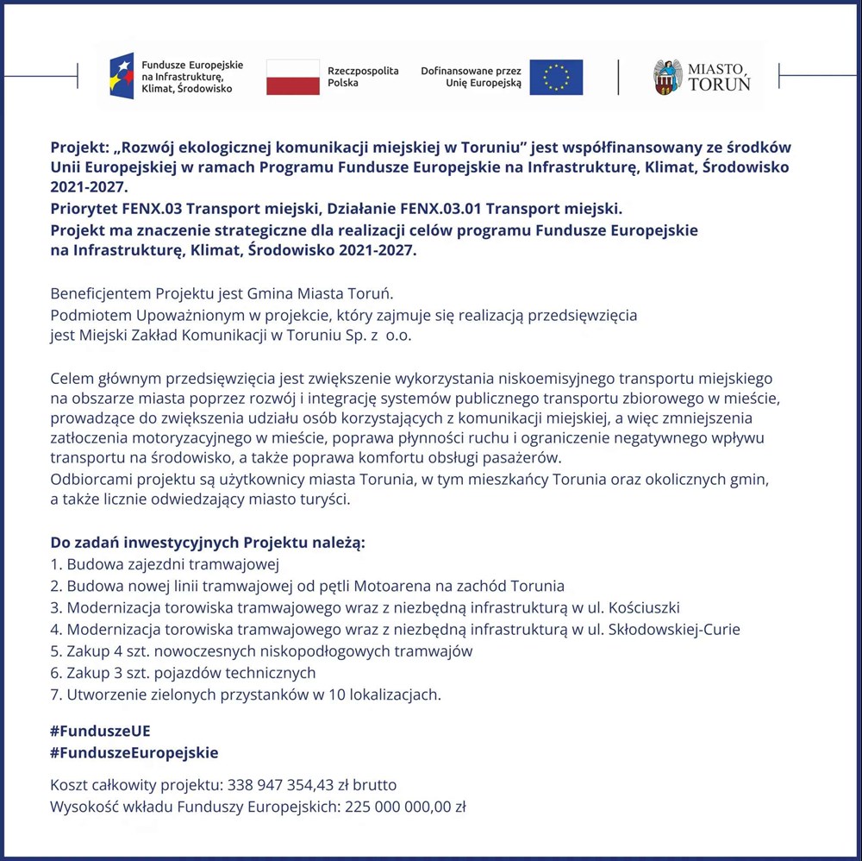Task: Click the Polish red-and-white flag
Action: pyautogui.click(x=292, y=77)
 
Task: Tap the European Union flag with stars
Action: pyautogui.click(x=556, y=77)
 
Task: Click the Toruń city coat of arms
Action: pyautogui.click(x=667, y=78)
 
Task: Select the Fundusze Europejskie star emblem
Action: pyautogui.click(x=122, y=76)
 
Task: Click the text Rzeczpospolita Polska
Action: pyautogui.click(x=363, y=77)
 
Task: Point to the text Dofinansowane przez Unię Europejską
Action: pyautogui.click(x=471, y=77)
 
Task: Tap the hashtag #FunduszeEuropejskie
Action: pyautogui.click(x=134, y=752)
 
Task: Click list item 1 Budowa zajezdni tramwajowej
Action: pyautogui.click(x=165, y=565)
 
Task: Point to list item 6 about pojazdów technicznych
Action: pyautogui.click(x=183, y=672)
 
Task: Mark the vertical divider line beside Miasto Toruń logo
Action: pyautogui.click(x=618, y=77)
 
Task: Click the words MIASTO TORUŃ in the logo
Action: pyautogui.click(x=718, y=77)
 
